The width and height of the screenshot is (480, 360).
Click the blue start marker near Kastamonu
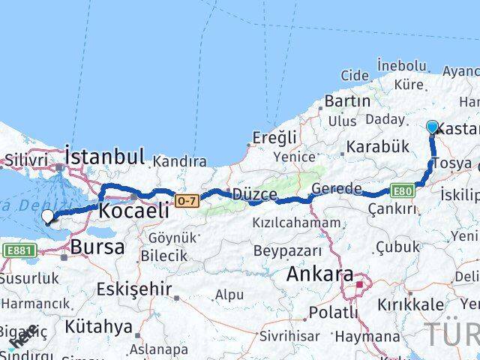433,127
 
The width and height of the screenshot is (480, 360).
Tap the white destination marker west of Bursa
48,217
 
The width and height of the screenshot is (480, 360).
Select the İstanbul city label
104,157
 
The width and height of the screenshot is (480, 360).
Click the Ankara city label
319,274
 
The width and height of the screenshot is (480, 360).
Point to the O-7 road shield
185,200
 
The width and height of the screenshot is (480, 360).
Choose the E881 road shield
16,250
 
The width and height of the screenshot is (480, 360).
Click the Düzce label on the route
254,194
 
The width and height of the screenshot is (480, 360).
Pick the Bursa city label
97,247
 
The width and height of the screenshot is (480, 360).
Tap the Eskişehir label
134,289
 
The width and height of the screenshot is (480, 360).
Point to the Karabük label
378,145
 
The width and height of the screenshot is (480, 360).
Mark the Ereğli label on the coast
272,138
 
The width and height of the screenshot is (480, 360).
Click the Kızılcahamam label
295,223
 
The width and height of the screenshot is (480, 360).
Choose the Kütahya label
99,327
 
